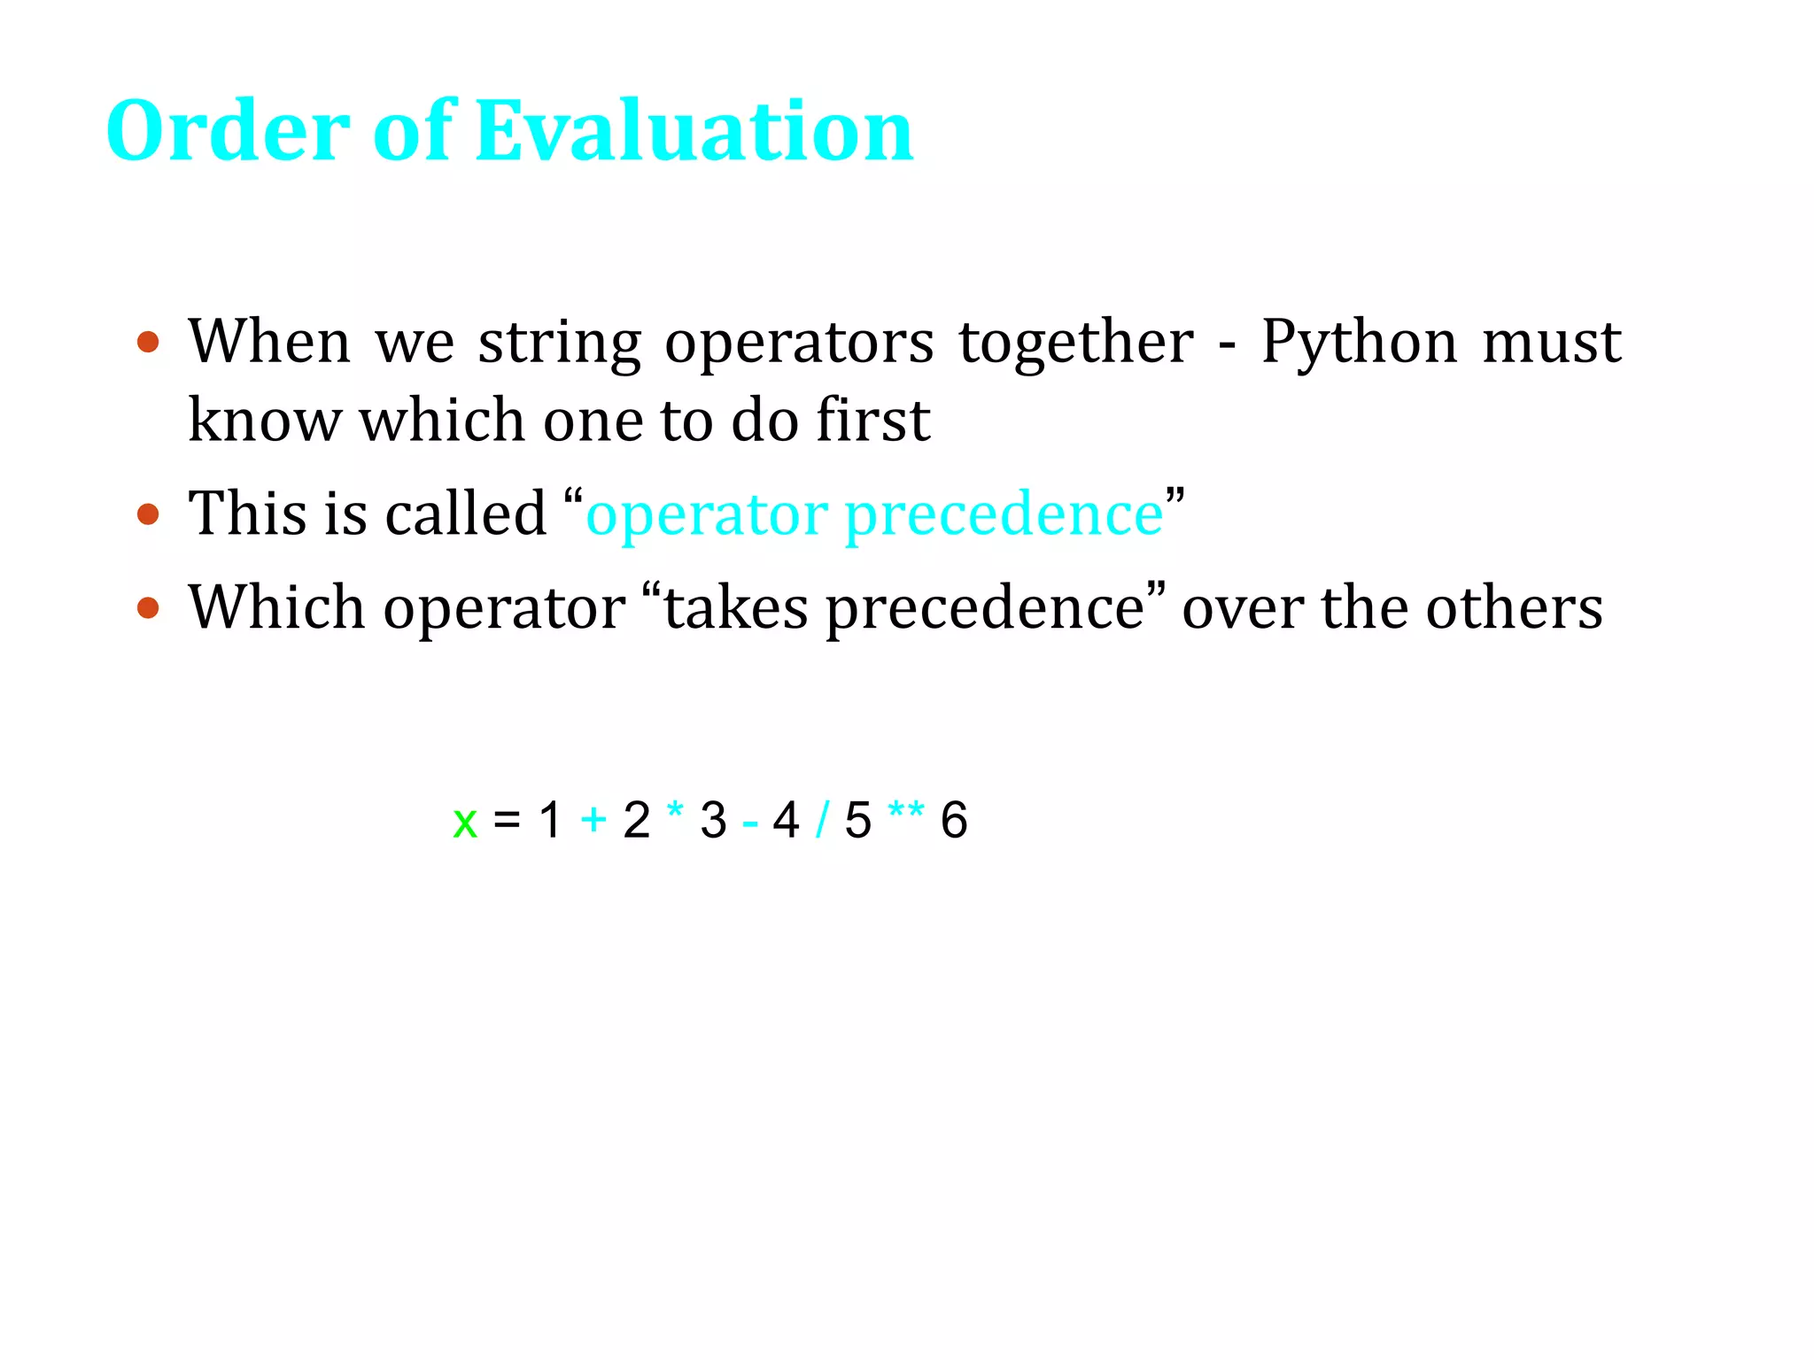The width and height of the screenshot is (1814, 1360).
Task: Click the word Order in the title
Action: coord(229,131)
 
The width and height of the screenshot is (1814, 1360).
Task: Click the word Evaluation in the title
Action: coord(694,131)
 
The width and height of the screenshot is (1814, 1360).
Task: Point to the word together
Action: coord(1075,342)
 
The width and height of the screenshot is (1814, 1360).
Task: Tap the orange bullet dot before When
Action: coord(149,342)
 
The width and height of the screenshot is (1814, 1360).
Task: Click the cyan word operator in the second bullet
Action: coord(706,515)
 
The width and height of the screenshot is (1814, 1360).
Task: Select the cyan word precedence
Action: coord(1004,515)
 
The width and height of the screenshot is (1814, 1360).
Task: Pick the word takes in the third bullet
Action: coord(735,609)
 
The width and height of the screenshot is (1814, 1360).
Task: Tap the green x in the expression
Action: coord(465,822)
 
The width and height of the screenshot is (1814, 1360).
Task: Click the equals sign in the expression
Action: coord(507,818)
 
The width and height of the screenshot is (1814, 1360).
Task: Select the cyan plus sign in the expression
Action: coord(593,820)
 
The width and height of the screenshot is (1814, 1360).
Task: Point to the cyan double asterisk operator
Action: coord(905,810)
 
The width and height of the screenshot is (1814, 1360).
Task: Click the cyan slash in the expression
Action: coord(822,820)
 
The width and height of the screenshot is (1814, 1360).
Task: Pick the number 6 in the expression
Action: coord(954,820)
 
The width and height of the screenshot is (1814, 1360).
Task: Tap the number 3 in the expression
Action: coord(713,820)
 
